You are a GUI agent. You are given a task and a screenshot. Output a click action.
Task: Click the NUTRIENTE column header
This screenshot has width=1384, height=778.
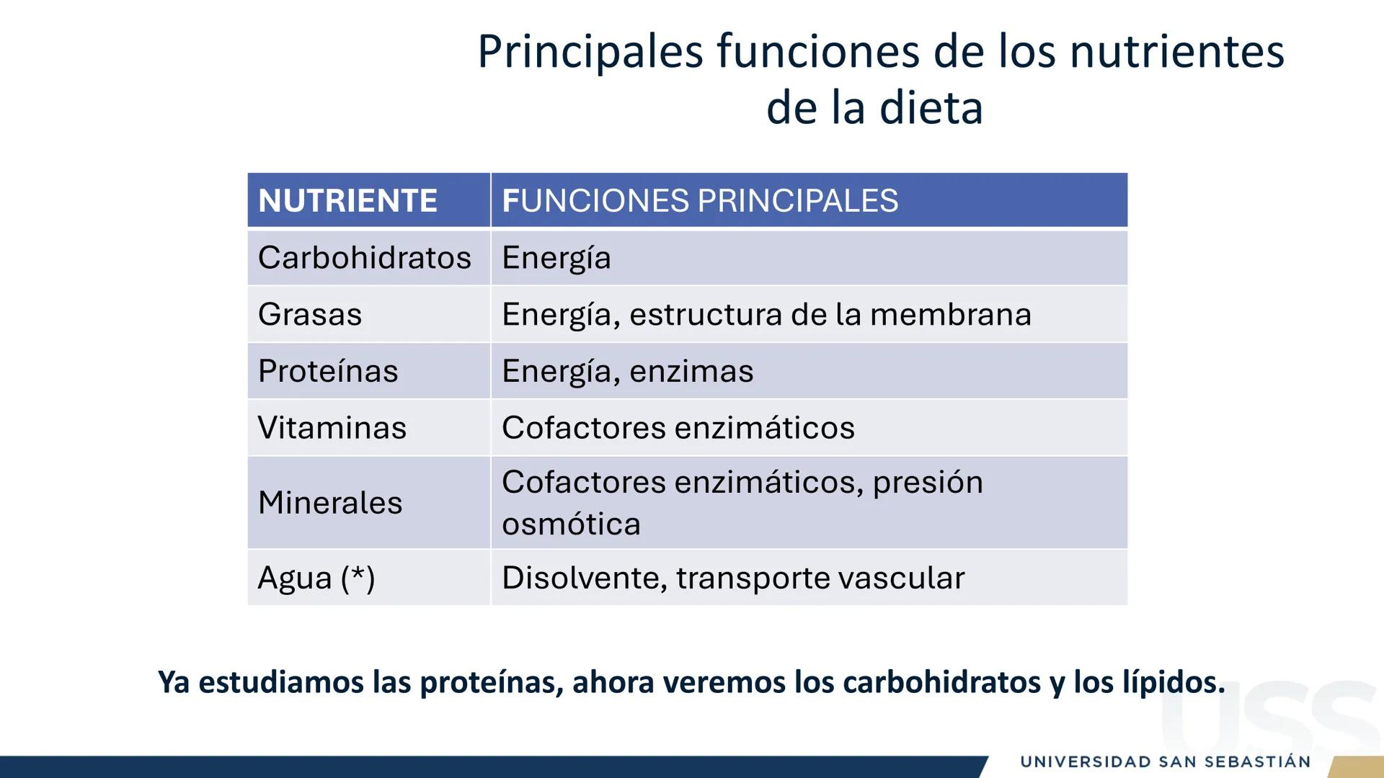(x=347, y=201)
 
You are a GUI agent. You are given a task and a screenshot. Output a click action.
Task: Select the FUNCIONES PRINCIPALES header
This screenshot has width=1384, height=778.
(x=699, y=201)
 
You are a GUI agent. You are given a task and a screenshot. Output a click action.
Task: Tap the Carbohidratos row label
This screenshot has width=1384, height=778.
(x=364, y=258)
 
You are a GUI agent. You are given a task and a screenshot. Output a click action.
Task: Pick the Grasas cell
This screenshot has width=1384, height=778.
(x=310, y=315)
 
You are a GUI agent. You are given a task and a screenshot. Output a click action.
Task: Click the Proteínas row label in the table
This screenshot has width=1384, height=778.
(x=328, y=372)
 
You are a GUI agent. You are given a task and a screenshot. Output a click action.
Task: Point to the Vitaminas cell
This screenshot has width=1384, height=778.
(x=332, y=428)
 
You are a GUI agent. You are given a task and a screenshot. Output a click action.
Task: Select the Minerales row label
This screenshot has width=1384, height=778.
(x=330, y=503)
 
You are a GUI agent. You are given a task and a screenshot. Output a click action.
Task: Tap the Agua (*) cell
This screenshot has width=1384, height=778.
(x=316, y=578)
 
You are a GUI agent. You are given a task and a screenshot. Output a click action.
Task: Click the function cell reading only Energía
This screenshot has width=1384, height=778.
(x=556, y=258)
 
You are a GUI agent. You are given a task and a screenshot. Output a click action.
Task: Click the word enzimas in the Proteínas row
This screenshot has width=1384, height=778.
(x=691, y=372)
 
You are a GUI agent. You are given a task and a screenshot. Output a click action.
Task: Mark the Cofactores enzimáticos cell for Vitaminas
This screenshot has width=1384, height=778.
(x=678, y=428)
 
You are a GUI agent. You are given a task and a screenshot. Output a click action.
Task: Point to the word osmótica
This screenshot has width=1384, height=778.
(x=571, y=524)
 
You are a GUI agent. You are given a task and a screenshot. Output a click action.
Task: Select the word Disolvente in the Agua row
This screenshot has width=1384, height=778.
(x=584, y=578)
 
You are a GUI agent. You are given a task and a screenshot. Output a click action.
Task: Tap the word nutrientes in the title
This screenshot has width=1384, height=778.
(x=1176, y=52)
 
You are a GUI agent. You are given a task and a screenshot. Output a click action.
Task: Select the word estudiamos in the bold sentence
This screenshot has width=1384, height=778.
(x=281, y=681)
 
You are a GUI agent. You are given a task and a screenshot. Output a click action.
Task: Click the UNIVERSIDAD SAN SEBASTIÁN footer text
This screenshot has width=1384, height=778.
(x=1165, y=762)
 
